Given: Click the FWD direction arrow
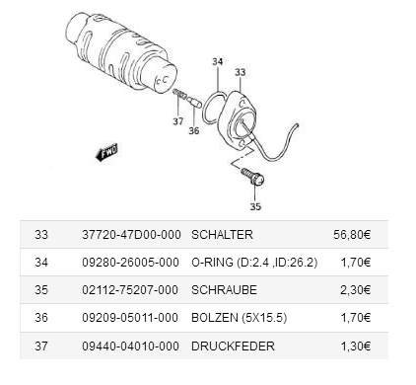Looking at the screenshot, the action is (x=106, y=153).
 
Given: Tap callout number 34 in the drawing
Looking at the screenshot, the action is (x=217, y=62).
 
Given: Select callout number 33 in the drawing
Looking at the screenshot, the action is (x=240, y=72).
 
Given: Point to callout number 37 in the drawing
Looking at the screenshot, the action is (x=178, y=121).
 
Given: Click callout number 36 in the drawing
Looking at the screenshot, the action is (x=194, y=131).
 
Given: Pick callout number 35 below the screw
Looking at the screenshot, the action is (x=255, y=206).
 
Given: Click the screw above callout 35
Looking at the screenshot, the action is (x=253, y=177).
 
